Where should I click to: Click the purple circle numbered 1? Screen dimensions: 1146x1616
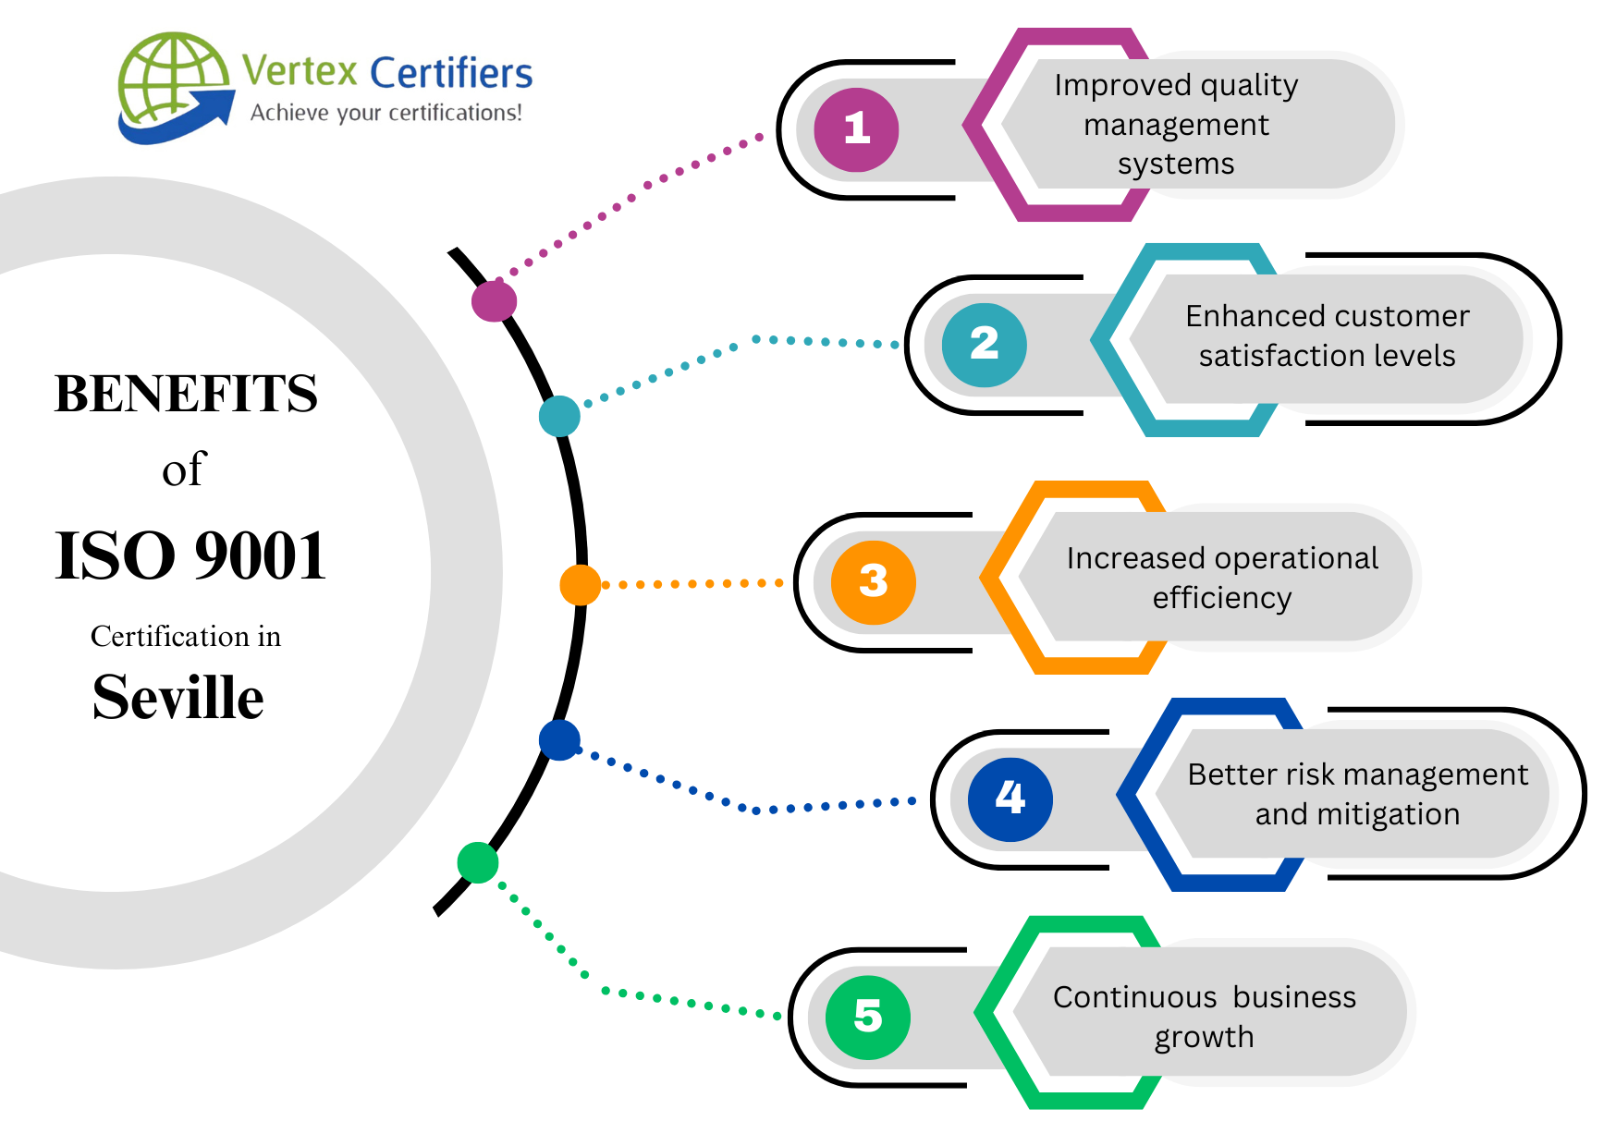[x=856, y=129]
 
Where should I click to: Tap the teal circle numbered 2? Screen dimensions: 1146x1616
[x=984, y=345]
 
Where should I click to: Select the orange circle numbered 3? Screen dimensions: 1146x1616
[x=873, y=582]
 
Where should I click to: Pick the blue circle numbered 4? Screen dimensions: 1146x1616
[x=1010, y=799]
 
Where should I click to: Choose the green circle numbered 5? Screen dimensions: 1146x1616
[x=867, y=1017]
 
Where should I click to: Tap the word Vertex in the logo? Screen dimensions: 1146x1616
[x=300, y=71]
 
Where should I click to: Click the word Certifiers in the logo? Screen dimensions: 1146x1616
[x=451, y=73]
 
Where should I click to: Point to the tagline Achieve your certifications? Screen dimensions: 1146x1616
[x=386, y=113]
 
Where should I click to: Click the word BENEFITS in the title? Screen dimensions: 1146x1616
[x=186, y=394]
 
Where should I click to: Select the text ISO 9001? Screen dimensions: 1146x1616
[x=190, y=556]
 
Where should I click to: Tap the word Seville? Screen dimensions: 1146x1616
[x=178, y=697]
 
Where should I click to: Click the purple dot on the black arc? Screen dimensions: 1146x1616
[x=494, y=300]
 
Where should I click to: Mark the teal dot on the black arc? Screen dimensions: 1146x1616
[x=559, y=416]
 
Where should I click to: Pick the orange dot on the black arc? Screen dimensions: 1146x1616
[x=580, y=585]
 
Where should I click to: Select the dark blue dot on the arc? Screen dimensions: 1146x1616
[x=559, y=740]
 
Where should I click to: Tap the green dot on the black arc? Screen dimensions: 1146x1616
[x=478, y=862]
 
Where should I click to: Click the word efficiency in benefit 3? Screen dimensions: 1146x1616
[x=1221, y=599]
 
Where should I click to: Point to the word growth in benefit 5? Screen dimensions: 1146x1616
[x=1204, y=1038]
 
